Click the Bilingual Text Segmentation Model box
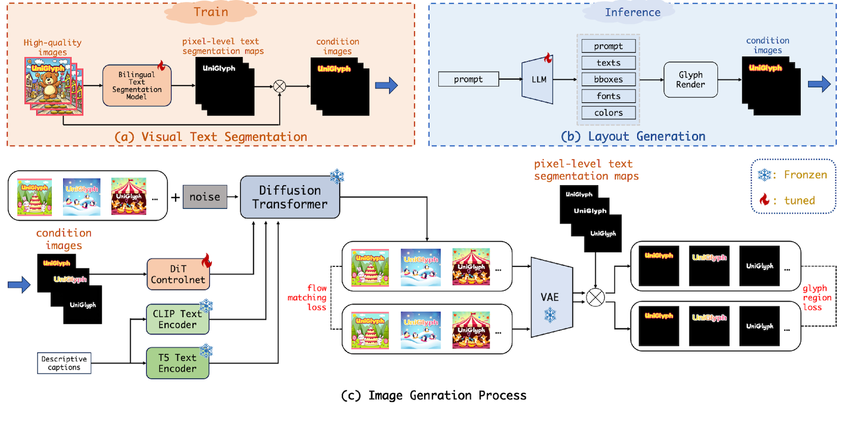click(x=137, y=85)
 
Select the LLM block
click(x=538, y=80)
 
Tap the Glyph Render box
click(x=690, y=80)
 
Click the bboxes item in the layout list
click(x=608, y=80)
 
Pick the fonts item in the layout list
click(x=608, y=96)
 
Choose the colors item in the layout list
click(x=608, y=113)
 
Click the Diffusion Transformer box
click(x=290, y=197)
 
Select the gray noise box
click(x=205, y=197)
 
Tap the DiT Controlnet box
click(x=178, y=274)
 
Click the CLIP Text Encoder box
click(x=177, y=319)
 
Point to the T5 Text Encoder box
click(x=177, y=363)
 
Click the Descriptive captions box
click(x=64, y=363)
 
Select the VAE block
click(x=551, y=298)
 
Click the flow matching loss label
click(x=308, y=298)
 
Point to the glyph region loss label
click(x=817, y=298)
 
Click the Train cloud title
click(x=210, y=12)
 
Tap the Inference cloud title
click(x=632, y=12)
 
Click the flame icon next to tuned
click(x=764, y=199)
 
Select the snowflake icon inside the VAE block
click(x=550, y=315)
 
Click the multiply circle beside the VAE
click(x=596, y=298)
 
